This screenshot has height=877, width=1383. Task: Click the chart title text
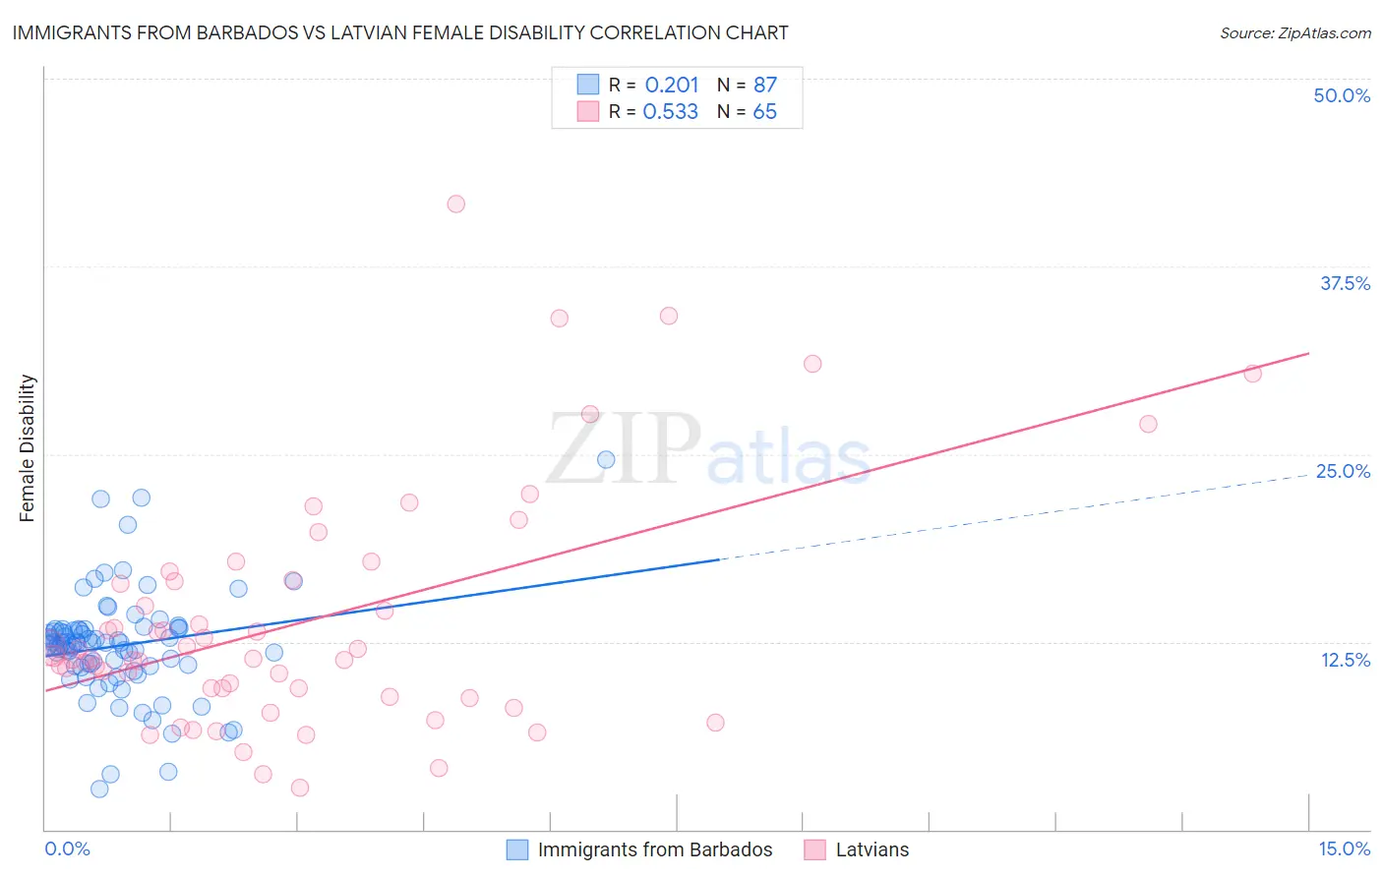point(400,32)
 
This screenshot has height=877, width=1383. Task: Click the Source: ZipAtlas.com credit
point(1294,33)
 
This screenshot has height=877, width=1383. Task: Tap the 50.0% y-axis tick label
point(1342,95)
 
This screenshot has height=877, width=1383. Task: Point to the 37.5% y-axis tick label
point(1345,283)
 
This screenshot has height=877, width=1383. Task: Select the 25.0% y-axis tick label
point(1343,471)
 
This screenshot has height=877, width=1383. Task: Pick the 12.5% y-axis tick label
point(1345,660)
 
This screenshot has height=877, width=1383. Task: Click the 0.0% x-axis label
point(67,848)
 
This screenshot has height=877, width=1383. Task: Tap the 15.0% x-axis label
point(1344,848)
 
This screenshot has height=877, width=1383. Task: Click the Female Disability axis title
point(28,448)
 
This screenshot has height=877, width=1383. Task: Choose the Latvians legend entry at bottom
point(872,849)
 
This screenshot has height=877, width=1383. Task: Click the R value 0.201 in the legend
point(672,85)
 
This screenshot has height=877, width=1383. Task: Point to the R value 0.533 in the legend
point(671,112)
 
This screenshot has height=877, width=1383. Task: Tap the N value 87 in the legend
point(765,85)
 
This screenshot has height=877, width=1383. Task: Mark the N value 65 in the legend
point(764,112)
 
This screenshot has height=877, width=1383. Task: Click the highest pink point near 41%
point(455,205)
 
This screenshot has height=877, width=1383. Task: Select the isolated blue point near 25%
point(606,459)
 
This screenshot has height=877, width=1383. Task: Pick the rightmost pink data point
point(1252,374)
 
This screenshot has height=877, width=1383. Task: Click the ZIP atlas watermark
point(708,449)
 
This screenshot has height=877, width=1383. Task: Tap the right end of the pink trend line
point(1308,353)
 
